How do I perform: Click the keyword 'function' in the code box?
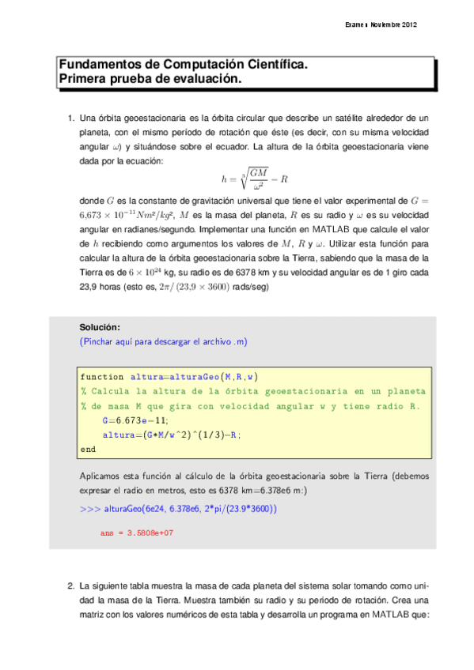(x=102, y=377)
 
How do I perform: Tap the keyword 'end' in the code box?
(x=88, y=449)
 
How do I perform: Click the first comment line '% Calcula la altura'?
(x=253, y=391)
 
